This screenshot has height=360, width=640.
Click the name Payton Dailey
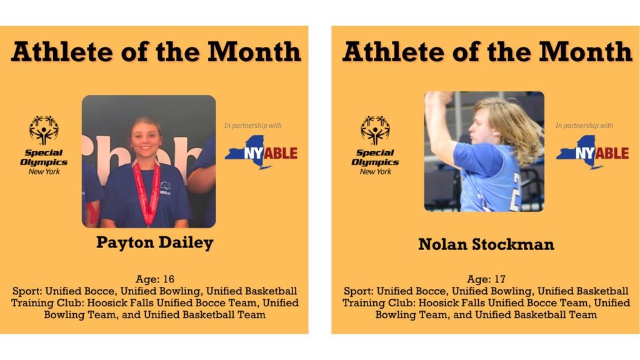154,242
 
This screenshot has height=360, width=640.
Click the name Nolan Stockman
486,244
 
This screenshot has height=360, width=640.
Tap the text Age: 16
154,279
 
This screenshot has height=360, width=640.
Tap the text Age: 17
486,279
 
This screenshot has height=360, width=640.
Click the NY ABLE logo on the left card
261,152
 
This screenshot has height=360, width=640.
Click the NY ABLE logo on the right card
592,152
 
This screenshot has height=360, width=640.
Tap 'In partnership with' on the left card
253,126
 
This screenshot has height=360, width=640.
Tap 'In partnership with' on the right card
584,126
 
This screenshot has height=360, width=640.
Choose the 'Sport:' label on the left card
27,291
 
